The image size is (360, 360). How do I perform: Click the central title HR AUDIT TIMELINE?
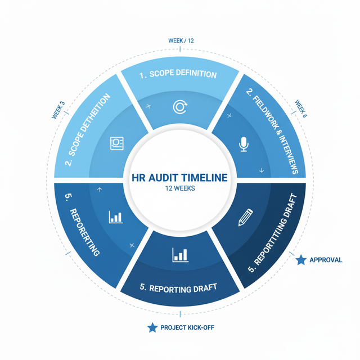pos(180,178)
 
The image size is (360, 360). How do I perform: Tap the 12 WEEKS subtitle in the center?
pos(180,188)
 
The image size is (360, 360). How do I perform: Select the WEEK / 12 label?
pos(181,40)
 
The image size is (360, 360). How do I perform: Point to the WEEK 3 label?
pos(58,110)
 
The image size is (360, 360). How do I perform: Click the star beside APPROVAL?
pos(301,260)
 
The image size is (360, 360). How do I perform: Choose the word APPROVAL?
pos(326,260)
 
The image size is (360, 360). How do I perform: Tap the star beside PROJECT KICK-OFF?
pos(152,327)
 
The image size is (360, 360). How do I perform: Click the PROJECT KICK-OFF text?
pos(187,327)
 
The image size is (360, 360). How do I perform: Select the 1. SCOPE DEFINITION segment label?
pos(178,74)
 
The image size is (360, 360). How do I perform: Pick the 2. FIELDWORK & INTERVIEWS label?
pos(272,130)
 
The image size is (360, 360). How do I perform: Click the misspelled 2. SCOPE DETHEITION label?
pos(88,129)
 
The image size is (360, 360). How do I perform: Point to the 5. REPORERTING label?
pos(82,225)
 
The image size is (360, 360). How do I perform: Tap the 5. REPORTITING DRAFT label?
pos(272,233)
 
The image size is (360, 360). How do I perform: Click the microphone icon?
pos(244,145)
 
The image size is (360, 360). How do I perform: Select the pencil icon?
pos(245,218)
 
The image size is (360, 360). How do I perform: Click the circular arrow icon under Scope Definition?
pos(180,107)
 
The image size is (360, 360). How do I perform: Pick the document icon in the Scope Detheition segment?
pos(117,143)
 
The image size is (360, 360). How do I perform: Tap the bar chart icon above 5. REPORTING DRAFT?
pos(180,255)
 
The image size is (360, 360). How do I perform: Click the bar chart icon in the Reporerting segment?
pos(116,217)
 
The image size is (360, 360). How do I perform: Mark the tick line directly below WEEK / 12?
pos(180,49)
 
